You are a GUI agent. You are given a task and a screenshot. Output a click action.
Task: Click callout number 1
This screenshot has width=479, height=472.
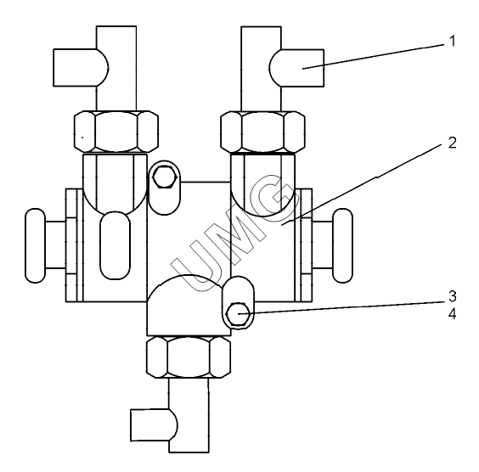point(453,42)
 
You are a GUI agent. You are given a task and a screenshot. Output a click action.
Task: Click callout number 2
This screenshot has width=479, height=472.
point(453,143)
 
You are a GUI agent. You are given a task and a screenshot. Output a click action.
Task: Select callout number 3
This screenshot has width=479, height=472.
point(453,296)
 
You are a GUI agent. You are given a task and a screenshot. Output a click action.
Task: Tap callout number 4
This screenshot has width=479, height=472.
point(453,314)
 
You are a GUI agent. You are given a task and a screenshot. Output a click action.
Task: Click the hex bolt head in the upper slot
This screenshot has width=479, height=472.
point(165,177)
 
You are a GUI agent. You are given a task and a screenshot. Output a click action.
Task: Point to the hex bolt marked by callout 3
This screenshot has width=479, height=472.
point(238,314)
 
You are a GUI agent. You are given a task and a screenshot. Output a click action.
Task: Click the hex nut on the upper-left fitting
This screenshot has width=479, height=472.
point(116,132)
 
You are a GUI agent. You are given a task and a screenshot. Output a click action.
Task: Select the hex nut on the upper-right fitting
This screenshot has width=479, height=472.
point(262,132)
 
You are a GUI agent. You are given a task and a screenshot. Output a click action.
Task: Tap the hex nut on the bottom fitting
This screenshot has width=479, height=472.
point(189,357)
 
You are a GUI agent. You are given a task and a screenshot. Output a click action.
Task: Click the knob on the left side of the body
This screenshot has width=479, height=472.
point(36,246)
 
